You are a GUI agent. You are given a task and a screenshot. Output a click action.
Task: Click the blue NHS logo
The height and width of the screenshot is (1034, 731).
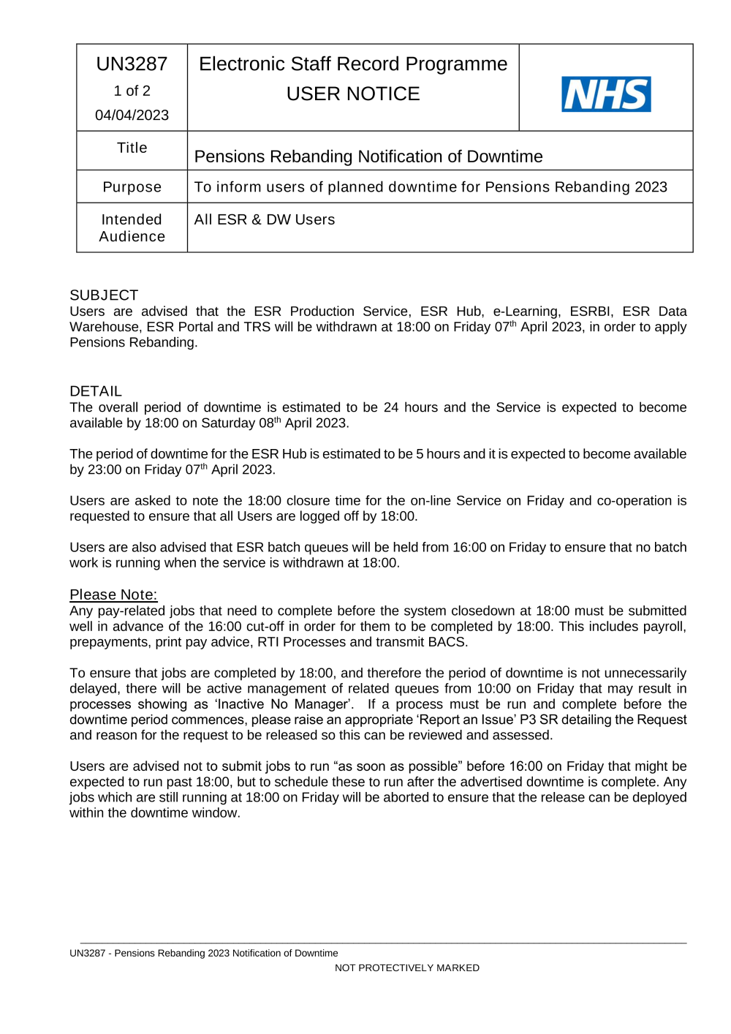coord(606,94)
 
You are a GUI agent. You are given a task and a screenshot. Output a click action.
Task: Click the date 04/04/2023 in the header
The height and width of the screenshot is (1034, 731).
coord(132,115)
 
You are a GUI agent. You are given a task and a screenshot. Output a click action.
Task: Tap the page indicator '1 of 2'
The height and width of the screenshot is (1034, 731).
coord(132,91)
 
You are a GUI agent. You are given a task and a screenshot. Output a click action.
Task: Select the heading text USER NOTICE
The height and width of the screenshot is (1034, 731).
coord(353,94)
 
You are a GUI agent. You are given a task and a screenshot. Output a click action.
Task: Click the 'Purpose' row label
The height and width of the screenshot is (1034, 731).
coord(132,187)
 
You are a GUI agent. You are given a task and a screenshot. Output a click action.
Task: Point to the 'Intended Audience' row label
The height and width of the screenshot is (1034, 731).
coord(132,228)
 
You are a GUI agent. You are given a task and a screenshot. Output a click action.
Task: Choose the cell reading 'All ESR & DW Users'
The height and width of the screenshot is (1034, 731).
coord(265,219)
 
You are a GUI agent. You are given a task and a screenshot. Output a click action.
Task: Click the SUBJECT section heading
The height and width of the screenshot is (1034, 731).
coord(104,295)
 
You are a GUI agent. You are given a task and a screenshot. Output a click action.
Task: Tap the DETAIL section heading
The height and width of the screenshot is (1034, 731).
coord(96,391)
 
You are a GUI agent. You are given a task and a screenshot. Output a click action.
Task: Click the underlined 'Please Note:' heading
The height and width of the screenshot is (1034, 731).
coord(113,595)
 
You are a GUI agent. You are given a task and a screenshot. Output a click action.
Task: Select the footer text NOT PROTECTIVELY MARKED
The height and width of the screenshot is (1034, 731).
coord(407,967)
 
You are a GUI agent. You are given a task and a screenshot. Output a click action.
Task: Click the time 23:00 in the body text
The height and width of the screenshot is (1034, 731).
coord(105,469)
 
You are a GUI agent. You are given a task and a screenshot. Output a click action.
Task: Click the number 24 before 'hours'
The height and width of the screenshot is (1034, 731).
coord(391,407)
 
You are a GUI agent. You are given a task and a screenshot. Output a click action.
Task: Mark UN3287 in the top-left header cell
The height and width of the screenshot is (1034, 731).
coord(132,64)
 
